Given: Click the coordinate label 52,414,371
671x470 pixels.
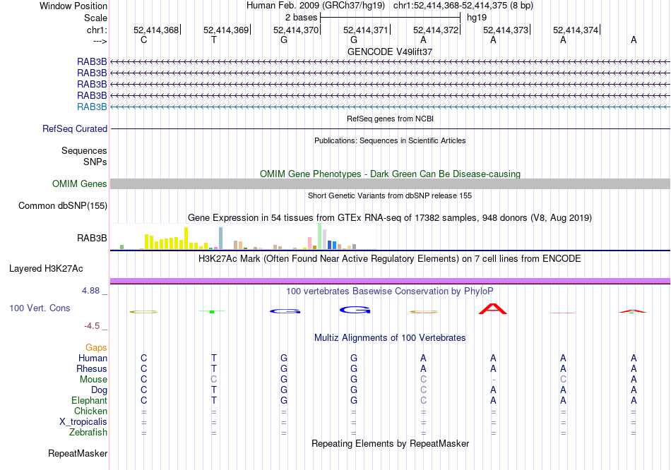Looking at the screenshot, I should [365, 30].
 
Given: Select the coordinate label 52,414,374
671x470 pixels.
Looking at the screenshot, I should [575, 30].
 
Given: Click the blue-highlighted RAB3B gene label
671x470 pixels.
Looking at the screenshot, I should [92, 107].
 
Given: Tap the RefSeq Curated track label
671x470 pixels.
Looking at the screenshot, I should [75, 129].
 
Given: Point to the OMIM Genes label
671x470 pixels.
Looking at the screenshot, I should [80, 184].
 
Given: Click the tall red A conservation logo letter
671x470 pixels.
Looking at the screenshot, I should [493, 309].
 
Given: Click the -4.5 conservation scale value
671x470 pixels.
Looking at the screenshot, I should [93, 326].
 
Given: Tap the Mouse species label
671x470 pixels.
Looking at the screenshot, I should [93, 380].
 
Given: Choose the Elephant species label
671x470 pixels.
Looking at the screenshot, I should [90, 401].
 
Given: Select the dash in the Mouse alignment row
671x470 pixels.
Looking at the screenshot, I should [493, 380].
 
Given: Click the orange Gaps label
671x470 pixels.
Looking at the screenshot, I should [96, 348].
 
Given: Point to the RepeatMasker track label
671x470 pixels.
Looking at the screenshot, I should [78, 453].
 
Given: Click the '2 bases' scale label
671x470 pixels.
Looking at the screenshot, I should [302, 17].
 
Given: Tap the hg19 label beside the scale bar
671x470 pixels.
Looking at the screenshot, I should [477, 17].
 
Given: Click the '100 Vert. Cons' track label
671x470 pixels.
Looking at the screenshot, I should [40, 308].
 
